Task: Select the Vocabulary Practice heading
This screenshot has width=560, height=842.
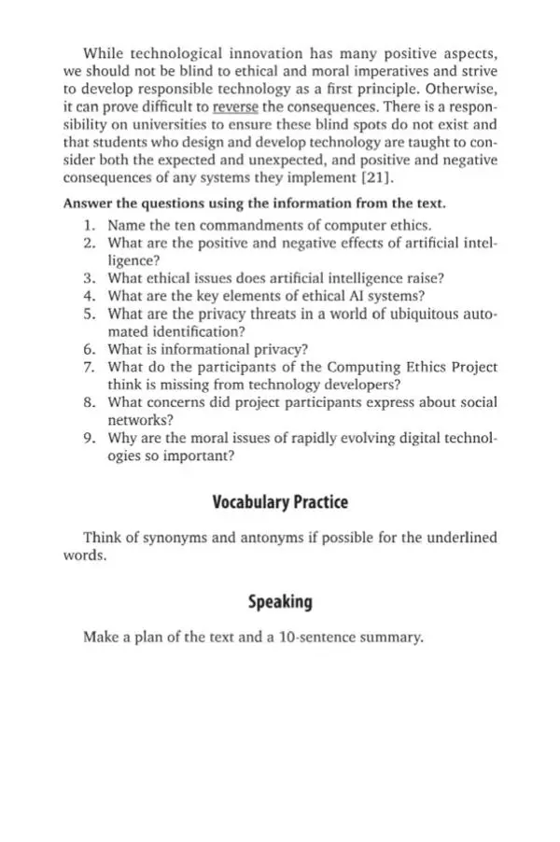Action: [280, 502]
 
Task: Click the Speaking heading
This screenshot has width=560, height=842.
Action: [280, 602]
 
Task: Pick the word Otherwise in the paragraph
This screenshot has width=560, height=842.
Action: [461, 89]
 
